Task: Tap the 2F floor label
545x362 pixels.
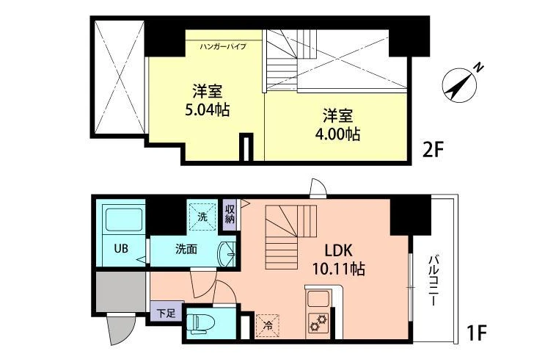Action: [433, 151]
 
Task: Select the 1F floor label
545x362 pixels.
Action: [476, 333]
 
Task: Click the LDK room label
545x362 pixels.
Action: [339, 250]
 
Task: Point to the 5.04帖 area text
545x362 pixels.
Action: [208, 110]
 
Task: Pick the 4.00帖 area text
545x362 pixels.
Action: [337, 134]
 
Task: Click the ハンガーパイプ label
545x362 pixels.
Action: [223, 46]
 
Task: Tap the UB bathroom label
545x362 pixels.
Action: [121, 248]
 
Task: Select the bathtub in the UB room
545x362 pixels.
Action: [124, 220]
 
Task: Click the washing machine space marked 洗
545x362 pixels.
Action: [202, 217]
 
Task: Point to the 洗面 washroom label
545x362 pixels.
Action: [186, 249]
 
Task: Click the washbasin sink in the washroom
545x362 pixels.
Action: [226, 254]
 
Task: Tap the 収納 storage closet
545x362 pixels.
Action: [230, 214]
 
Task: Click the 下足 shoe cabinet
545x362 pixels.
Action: [167, 313]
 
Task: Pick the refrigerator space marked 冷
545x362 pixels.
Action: [268, 326]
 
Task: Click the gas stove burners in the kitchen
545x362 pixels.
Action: [318, 322]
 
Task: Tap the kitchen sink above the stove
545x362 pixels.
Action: [318, 298]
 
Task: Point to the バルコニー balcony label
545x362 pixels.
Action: [434, 280]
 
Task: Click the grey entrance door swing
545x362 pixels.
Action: [120, 328]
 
